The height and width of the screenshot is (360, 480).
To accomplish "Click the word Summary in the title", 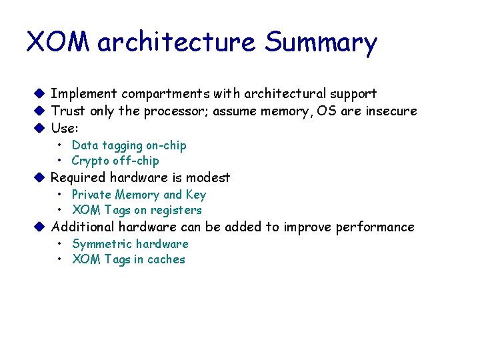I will [321, 43].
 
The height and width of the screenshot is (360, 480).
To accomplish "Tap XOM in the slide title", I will [58, 42].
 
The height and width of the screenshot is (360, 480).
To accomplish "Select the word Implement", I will [84, 94].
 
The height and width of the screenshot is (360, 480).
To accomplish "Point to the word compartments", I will [165, 94].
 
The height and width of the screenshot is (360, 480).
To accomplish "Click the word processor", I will [173, 111].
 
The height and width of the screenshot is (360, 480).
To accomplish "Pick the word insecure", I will [391, 111].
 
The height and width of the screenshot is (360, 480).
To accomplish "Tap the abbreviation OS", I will [327, 111].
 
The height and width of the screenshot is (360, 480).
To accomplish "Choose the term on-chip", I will [166, 145].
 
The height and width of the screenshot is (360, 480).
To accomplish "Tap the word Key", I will [196, 195].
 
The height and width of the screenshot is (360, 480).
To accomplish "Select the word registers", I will [176, 210].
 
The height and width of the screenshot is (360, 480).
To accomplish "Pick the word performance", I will [375, 227].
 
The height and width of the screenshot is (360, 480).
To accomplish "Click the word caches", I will [166, 259].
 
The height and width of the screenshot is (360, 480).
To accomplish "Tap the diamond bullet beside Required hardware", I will [39, 177].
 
